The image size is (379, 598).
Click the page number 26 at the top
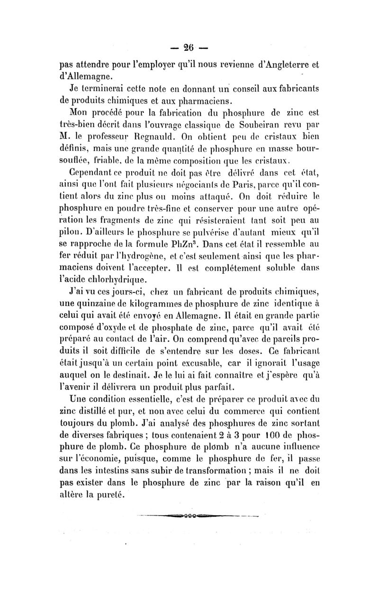click(189, 48)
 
